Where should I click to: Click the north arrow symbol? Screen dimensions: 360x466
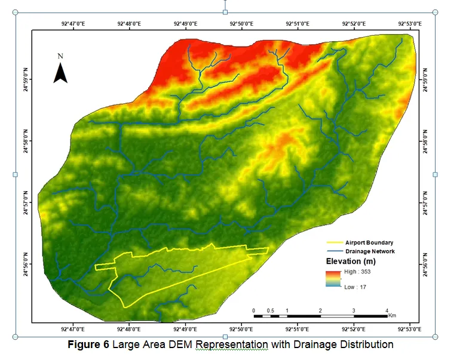pos(60,73)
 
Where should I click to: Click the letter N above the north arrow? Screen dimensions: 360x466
pos(60,56)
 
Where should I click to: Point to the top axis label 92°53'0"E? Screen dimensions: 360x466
pos(410,24)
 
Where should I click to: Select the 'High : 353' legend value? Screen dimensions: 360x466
pos(359,272)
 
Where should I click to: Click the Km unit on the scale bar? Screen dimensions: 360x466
pos(392,315)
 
